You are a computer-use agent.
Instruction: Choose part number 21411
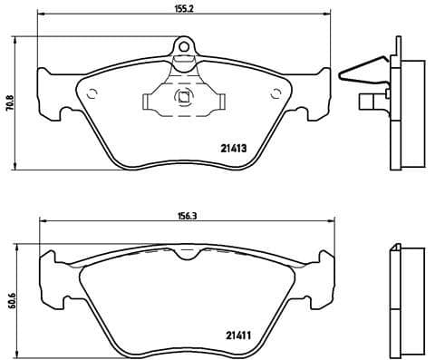238,336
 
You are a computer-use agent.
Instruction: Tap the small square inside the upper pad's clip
184,99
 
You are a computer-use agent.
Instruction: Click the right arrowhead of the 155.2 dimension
329,16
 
